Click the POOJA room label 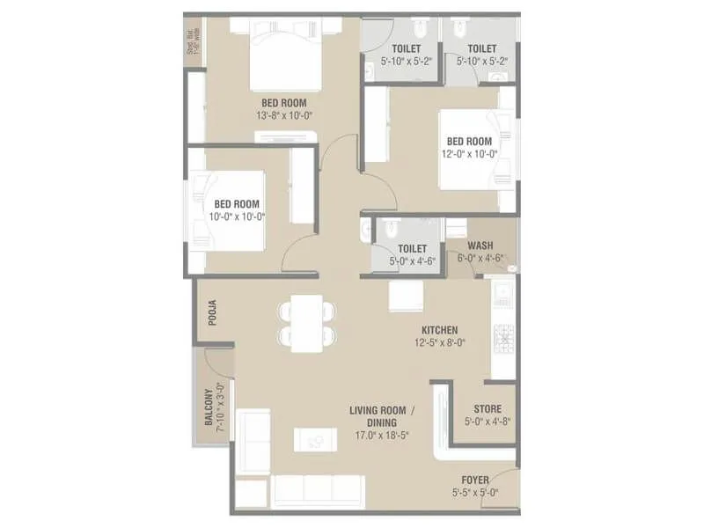212,313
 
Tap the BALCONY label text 210,407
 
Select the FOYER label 475,480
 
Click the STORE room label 488,409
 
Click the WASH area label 480,246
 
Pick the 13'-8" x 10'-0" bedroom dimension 277,115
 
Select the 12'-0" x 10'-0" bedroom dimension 469,153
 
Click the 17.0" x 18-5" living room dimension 381,435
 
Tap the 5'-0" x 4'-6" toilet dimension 412,261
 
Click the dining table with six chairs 305,323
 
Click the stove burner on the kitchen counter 504,337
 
